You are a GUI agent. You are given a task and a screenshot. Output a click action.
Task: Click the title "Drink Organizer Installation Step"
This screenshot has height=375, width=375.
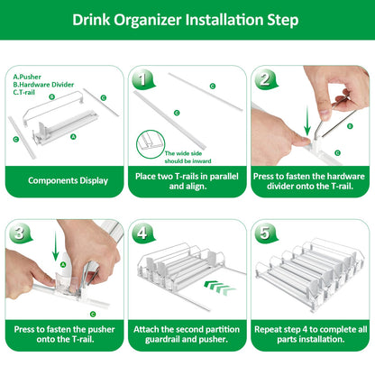click(187, 19)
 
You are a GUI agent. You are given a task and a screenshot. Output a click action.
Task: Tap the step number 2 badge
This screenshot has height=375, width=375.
click(264, 78)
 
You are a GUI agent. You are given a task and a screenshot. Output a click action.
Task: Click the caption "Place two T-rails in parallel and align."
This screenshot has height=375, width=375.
click(187, 180)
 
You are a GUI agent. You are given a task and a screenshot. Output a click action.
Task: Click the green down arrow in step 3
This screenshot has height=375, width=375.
click(56, 249)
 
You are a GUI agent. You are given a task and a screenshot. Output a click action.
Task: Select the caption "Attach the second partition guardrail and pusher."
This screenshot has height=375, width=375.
click(187, 333)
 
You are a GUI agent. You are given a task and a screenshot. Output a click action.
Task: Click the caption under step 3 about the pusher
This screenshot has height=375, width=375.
click(65, 333)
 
